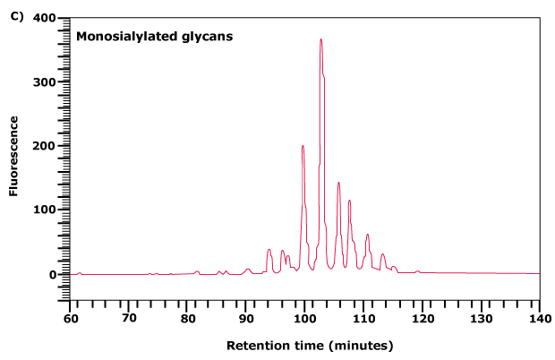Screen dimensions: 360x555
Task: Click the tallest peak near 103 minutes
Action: [320, 40]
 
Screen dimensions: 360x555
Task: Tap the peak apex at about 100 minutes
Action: [303, 146]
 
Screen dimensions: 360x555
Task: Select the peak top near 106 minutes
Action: [338, 183]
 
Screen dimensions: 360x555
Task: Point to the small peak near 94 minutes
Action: [269, 250]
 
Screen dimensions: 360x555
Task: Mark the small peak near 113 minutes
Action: [382, 254]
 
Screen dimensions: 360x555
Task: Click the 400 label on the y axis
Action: [44, 18]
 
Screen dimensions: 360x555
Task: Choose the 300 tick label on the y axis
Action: [44, 82]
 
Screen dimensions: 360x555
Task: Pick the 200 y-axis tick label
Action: [44, 146]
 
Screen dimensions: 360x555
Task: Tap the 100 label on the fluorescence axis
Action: [44, 210]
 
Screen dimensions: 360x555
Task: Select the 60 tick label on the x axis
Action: [70, 317]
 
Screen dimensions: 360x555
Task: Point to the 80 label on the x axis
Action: [187, 317]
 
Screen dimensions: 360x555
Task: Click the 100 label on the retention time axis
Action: [304, 317]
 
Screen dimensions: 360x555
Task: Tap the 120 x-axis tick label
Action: [422, 317]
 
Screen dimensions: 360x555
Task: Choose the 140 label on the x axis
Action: [539, 317]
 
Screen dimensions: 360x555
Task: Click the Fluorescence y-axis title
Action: [14, 160]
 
